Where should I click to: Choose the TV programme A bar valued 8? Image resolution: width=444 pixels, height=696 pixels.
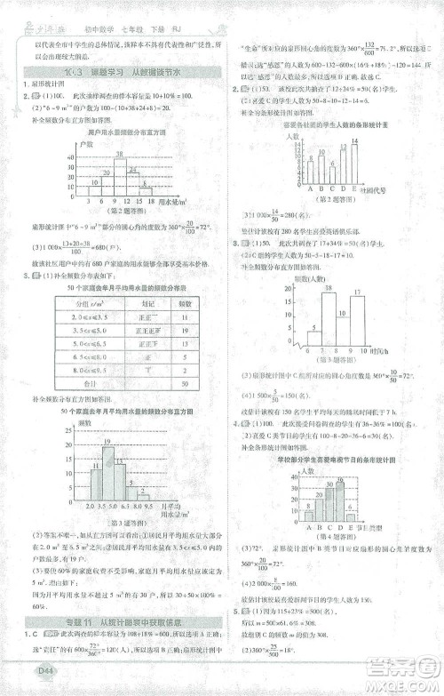[x=307, y=513]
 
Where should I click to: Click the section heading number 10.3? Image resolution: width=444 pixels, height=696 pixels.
[x=69, y=72]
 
